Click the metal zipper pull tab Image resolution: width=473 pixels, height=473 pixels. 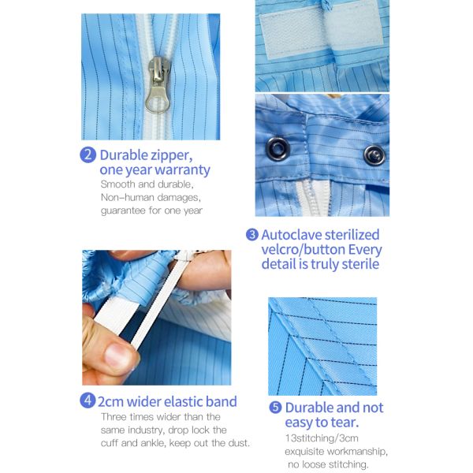point(157,85)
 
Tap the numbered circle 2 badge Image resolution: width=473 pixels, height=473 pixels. point(88,155)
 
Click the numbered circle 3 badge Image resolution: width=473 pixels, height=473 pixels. point(252,234)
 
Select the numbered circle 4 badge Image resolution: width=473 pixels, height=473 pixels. point(88,400)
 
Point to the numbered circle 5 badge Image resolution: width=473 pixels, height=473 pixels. point(275,408)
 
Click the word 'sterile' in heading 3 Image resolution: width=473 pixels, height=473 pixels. point(352,264)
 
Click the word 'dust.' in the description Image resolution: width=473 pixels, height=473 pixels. point(237,442)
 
